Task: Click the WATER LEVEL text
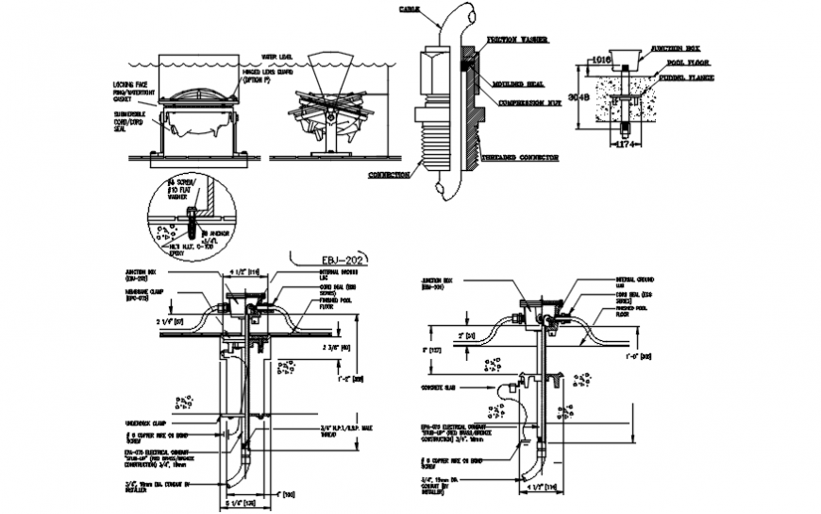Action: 279,58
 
